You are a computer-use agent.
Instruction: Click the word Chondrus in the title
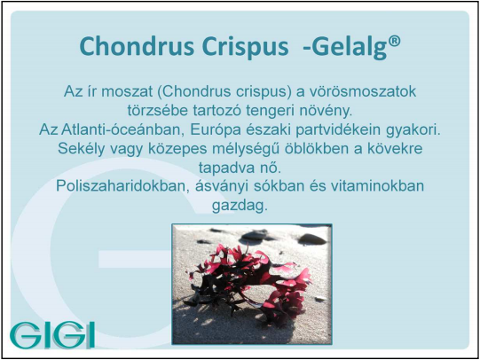pyautogui.click(x=137, y=46)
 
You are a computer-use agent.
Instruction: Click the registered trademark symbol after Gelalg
pyautogui.click(x=395, y=42)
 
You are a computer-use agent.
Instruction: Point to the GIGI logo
pyautogui.click(x=52, y=334)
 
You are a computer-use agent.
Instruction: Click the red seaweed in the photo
pyautogui.click(x=249, y=280)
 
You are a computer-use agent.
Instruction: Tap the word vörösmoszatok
pyautogui.click(x=362, y=91)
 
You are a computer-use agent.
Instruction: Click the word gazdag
pyautogui.click(x=240, y=206)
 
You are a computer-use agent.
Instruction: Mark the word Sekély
pyautogui.click(x=81, y=149)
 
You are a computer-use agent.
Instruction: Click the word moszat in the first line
pyautogui.click(x=127, y=91)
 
